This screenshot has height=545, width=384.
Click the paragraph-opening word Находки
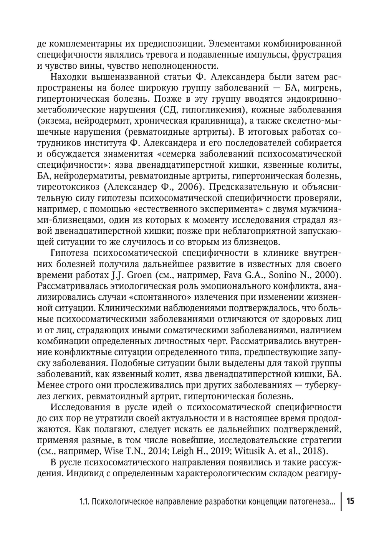pyautogui.click(x=69, y=77)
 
